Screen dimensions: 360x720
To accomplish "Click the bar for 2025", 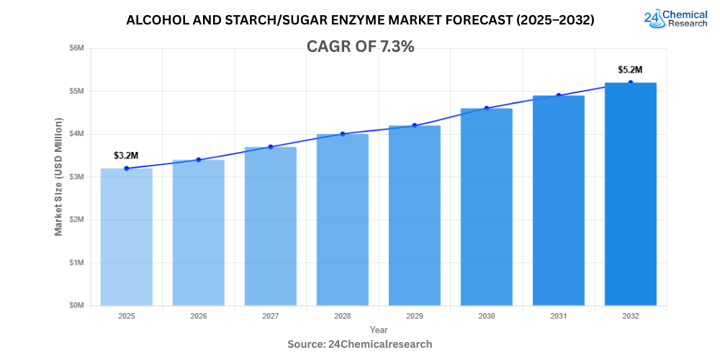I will tap(126, 238).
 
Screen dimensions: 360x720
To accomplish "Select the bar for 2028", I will tap(342, 220).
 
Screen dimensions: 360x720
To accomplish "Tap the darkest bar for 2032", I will tap(630, 194).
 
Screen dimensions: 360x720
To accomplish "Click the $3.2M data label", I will tap(125, 156).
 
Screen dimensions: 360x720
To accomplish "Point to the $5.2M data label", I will tap(630, 70).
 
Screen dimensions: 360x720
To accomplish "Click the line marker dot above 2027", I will tap(270, 147).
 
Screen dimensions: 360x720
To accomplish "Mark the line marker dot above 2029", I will tap(414, 125).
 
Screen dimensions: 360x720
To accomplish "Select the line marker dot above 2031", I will tap(558, 95).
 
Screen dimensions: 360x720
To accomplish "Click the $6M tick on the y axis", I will tap(76, 48).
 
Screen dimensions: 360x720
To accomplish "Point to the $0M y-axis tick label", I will tap(76, 306).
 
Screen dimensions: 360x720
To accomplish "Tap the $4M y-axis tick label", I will tap(76, 134).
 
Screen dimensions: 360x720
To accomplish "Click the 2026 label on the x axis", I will tap(198, 316).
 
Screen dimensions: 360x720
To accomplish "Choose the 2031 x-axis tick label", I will tap(558, 316).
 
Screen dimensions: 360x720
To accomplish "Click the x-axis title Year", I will tap(378, 330).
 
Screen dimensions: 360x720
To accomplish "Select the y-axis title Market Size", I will tap(58, 176).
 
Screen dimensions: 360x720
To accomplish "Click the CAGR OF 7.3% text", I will tap(360, 47).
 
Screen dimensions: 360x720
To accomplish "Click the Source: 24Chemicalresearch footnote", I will tap(360, 344).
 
